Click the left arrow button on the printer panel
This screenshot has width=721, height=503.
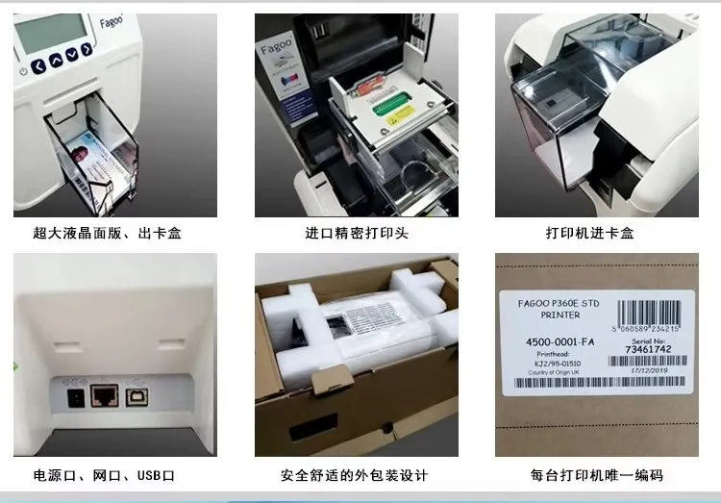click(38, 65)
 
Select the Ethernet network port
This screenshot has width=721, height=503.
click(104, 394)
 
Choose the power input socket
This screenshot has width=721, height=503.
click(69, 394)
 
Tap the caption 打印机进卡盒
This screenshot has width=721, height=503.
click(596, 234)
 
